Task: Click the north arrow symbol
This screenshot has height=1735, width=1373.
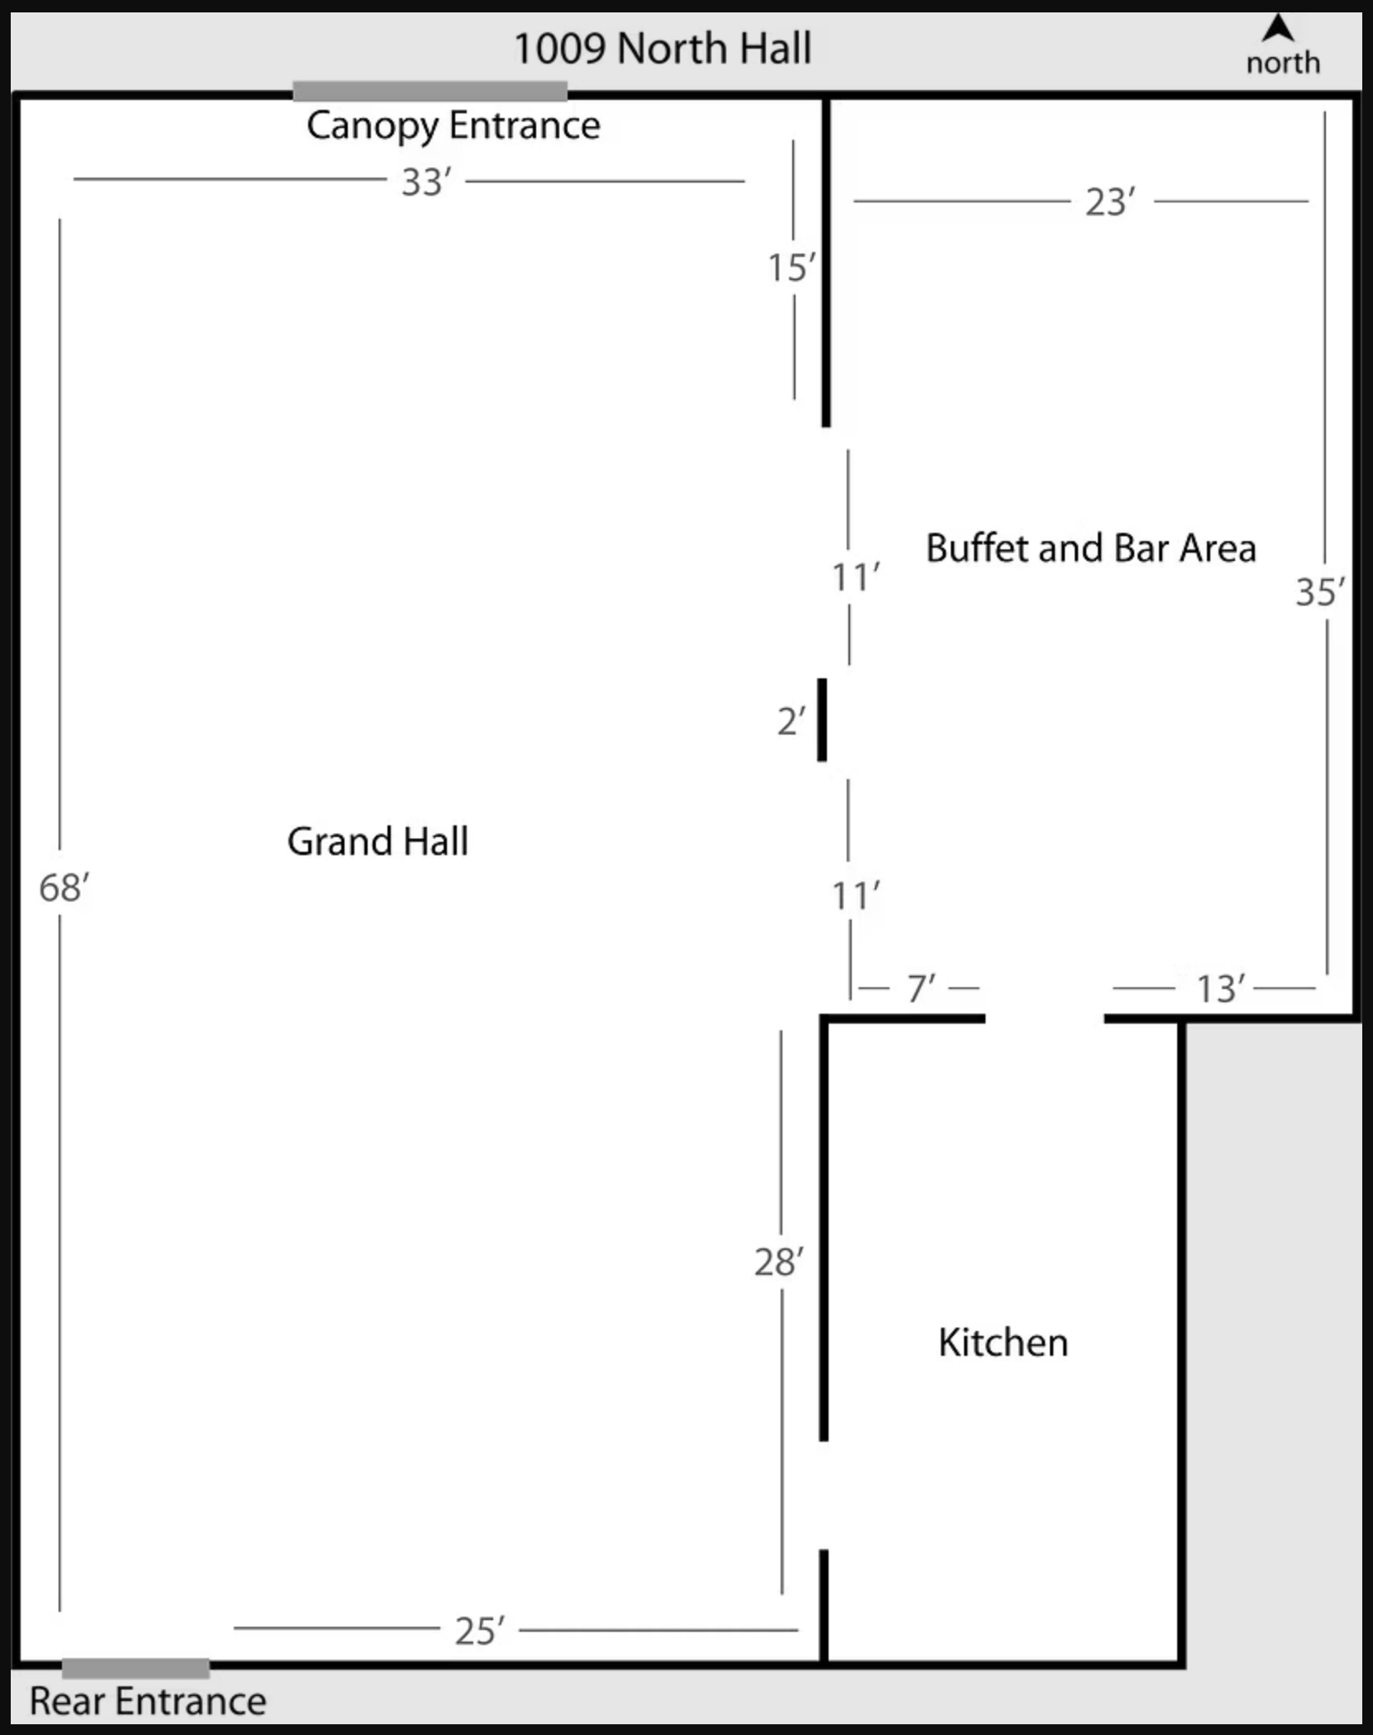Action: click(1279, 29)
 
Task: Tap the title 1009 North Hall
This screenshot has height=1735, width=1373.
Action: click(663, 48)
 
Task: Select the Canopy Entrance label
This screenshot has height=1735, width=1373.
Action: click(453, 126)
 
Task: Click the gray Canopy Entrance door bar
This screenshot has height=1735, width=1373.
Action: click(430, 90)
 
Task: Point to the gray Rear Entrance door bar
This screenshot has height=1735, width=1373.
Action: click(135, 1667)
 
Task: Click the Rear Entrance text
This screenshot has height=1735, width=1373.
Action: click(148, 1702)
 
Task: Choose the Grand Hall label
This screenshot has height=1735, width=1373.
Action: click(378, 841)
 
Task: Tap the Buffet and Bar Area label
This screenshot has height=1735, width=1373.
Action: click(1090, 548)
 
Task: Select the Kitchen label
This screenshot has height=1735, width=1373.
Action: click(1003, 1343)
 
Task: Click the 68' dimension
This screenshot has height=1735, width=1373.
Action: click(64, 888)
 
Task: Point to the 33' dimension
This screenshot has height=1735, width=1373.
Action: click(426, 182)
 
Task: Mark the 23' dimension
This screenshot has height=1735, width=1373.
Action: click(1110, 202)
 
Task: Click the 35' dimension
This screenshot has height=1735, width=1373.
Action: click(1319, 592)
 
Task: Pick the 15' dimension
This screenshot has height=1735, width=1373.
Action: click(791, 268)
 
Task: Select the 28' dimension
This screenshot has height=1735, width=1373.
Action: click(778, 1262)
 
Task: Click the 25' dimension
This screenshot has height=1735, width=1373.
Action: click(479, 1631)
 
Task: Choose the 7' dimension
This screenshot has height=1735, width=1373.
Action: click(920, 988)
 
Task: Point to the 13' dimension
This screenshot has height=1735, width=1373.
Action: click(1220, 988)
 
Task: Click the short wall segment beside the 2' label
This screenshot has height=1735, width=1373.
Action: click(822, 720)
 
